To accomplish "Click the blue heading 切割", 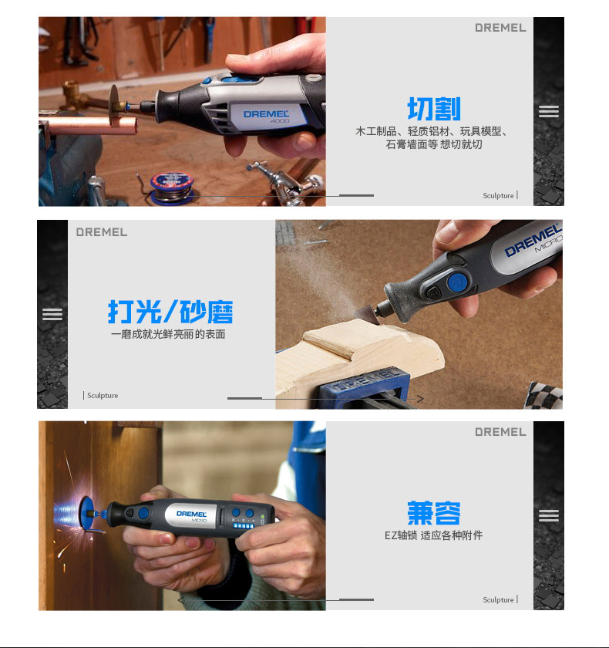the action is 433,109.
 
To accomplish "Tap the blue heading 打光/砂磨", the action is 170,312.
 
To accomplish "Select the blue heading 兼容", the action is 433,513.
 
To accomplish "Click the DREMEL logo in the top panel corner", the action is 500,28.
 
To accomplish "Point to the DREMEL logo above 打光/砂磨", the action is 102,232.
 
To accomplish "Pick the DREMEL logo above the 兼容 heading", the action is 500,432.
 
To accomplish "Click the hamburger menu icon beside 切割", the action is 549,111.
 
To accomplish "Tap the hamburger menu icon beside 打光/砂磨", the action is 52,314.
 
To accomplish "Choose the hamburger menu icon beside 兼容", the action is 549,515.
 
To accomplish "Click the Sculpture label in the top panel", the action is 498,195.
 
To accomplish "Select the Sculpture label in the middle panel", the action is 103,396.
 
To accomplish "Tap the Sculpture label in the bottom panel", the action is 498,599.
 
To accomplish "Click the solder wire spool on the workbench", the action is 172,187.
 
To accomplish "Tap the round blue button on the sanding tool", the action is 457,282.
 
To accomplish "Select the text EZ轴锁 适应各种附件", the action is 433,535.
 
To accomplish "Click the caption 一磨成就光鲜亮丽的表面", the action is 168,334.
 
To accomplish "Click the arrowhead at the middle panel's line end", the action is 420,399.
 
